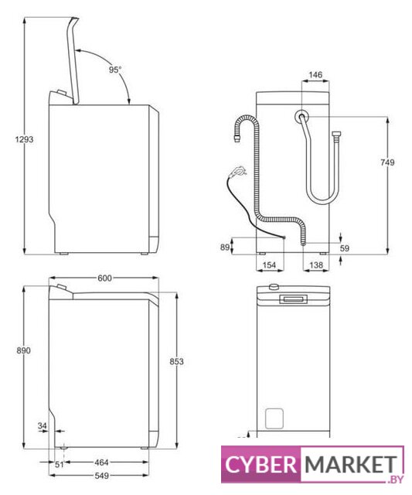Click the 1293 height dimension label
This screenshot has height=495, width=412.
(24, 139)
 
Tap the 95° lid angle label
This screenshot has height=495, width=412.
(115, 70)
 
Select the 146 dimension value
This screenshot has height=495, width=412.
(315, 74)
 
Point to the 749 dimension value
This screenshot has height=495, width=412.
(387, 162)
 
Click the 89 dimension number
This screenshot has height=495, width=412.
(225, 247)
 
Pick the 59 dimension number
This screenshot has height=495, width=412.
(345, 248)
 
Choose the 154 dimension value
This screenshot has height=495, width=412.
(269, 265)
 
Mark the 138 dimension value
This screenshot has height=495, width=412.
(316, 265)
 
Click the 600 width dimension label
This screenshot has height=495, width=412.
(104, 278)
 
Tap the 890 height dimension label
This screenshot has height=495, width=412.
(24, 350)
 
